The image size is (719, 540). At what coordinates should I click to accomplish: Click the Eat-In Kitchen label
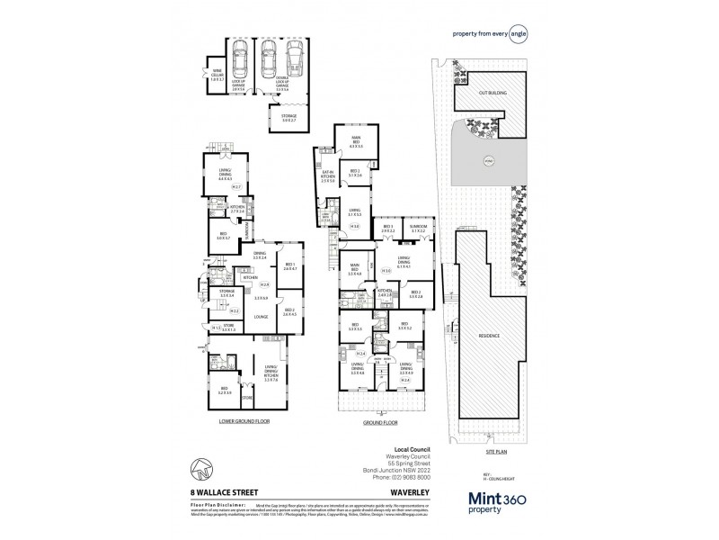click(327, 175)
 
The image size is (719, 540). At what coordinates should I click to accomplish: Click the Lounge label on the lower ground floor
click(261, 316)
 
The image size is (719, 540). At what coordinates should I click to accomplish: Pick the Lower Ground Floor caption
click(244, 420)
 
